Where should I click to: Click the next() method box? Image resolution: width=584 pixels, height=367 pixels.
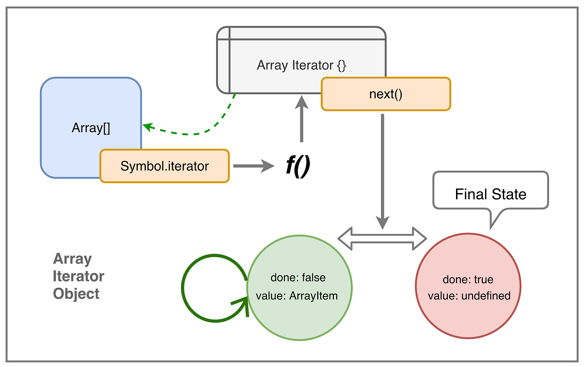click(385, 94)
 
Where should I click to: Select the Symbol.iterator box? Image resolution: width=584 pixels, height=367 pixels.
click(164, 166)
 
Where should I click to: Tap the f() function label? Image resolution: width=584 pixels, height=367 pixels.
click(297, 167)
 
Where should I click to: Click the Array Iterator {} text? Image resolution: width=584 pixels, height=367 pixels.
click(301, 65)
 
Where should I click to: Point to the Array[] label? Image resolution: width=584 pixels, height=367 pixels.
click(91, 128)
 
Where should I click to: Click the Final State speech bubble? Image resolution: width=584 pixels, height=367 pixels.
click(490, 194)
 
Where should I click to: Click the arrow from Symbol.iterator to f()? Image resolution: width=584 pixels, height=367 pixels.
click(253, 166)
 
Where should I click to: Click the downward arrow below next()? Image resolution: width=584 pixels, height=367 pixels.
click(383, 170)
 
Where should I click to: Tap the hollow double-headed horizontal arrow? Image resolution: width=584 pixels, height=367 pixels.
click(382, 238)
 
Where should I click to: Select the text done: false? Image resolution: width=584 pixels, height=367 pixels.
click(298, 278)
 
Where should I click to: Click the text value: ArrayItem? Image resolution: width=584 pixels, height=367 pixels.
click(297, 296)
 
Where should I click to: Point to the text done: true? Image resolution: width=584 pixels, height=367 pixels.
click(468, 280)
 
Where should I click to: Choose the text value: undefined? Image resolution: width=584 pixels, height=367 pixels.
click(469, 296)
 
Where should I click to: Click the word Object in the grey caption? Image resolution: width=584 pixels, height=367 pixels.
click(76, 294)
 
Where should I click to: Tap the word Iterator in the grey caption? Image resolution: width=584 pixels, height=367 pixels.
click(79, 277)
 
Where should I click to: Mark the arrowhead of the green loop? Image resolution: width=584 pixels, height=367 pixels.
click(242, 306)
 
